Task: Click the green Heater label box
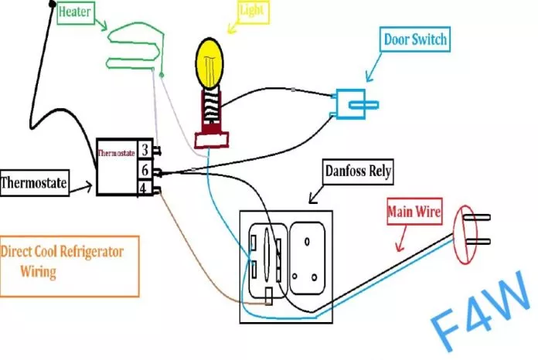point(76,12)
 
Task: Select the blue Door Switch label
point(415,39)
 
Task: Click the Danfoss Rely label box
point(358,172)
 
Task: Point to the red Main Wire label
point(414,212)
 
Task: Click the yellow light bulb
point(209,63)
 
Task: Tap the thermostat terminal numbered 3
point(145,149)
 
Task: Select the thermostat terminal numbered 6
point(145,170)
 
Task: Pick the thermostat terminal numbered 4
point(144,188)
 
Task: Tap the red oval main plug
point(465,235)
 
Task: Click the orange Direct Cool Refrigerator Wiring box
point(70,266)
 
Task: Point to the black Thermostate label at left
point(34,183)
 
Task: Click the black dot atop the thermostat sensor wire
point(52,4)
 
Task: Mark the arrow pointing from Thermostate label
point(81,188)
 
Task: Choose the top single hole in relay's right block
point(307,242)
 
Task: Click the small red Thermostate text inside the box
point(116,153)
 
